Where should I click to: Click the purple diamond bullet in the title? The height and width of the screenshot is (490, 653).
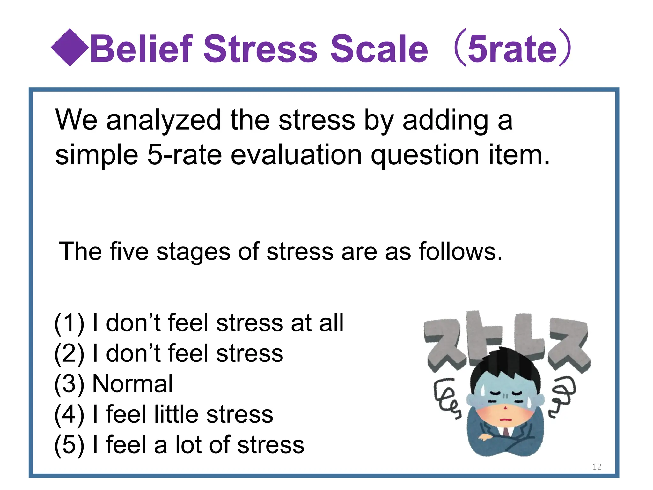70,48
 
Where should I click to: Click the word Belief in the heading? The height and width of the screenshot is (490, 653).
142,49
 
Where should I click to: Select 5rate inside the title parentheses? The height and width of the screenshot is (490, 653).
512,49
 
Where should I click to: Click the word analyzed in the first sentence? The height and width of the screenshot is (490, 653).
164,120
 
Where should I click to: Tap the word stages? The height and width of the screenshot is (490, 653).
193,252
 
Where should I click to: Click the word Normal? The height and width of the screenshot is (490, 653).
132,384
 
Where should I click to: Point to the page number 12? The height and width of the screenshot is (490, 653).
597,467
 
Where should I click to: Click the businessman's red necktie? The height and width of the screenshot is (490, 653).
506,433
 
